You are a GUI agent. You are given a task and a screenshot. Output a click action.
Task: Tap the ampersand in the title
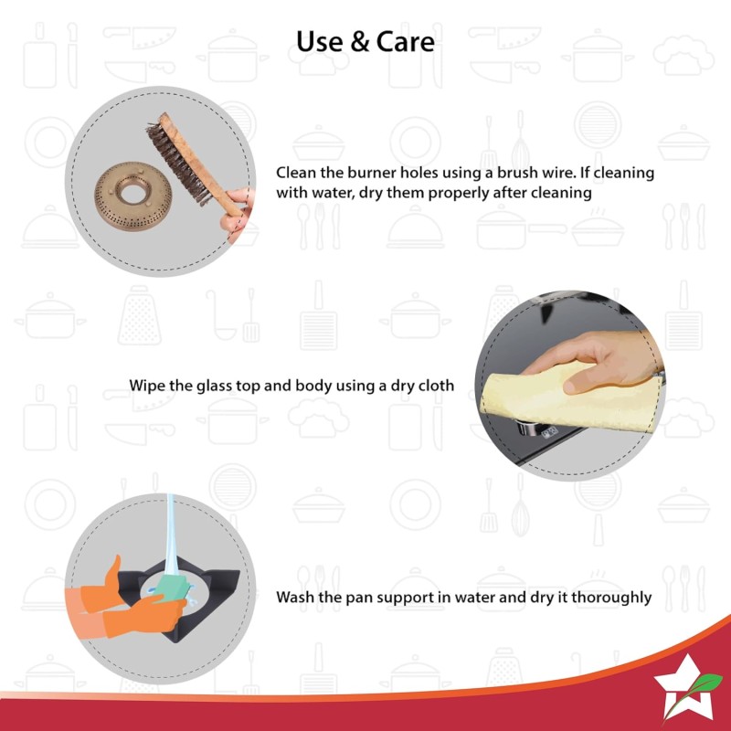359,41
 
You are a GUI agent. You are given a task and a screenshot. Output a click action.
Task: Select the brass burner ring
133,196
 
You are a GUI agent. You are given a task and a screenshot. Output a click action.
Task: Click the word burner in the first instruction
376,173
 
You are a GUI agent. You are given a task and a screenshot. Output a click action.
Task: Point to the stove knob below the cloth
527,428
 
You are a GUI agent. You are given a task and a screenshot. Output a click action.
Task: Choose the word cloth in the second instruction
437,386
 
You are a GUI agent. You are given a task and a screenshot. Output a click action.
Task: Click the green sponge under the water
173,588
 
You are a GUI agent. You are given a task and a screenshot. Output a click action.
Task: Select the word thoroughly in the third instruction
611,598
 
